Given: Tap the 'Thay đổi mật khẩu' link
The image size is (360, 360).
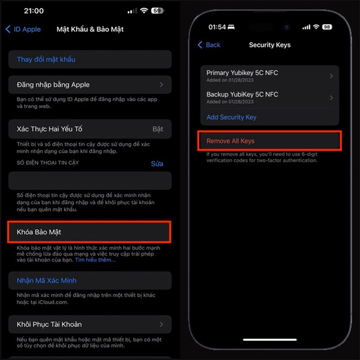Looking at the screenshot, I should click(x=46, y=59).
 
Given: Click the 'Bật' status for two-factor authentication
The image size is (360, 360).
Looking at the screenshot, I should click(x=158, y=129).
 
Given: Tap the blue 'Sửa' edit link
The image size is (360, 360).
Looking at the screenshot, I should click(x=157, y=163).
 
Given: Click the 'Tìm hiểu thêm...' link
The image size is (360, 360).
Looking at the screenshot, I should click(x=95, y=260).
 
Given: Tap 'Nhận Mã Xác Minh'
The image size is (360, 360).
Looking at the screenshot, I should click(x=47, y=280).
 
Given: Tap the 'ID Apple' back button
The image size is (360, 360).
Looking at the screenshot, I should click(x=23, y=29).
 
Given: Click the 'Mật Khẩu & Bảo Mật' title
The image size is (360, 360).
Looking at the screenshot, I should click(x=90, y=29).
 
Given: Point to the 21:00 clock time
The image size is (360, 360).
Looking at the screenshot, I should click(x=33, y=11).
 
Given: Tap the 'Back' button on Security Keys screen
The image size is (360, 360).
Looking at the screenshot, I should click(x=209, y=45).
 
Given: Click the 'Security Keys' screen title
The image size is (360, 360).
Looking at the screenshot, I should click(x=269, y=45).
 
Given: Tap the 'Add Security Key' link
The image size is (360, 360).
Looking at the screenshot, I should click(x=232, y=117).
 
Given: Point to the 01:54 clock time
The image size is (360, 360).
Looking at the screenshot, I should click(x=217, y=27).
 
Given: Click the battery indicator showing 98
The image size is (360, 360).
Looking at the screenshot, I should click(x=327, y=27).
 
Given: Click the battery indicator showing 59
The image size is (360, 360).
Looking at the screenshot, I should click(x=158, y=11).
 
